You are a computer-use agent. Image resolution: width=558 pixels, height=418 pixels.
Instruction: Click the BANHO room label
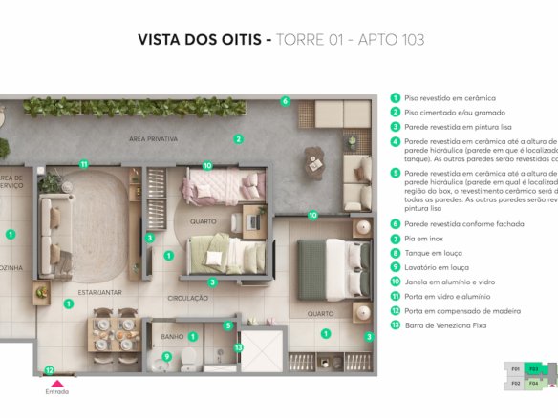tap(173, 336)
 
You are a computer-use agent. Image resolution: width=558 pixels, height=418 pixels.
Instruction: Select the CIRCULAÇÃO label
tap(187, 298)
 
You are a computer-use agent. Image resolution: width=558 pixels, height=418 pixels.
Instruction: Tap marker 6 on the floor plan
tap(285, 101)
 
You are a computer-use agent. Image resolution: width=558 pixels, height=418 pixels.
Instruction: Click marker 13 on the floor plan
tap(239, 346)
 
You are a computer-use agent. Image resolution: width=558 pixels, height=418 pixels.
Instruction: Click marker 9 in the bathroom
tap(166, 357)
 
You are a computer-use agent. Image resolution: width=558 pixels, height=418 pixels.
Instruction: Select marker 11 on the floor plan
tap(84, 164)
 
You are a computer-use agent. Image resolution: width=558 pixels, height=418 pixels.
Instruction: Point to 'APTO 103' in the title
tap(390, 40)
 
